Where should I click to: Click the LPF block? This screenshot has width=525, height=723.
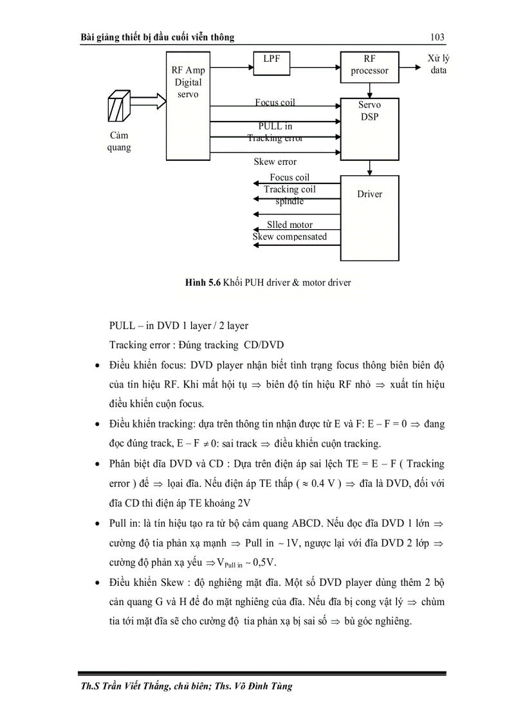(268, 66)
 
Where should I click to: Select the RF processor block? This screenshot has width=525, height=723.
(369, 66)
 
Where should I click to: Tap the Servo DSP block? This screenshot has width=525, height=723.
(369, 129)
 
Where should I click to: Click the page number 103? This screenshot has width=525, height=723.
(437, 37)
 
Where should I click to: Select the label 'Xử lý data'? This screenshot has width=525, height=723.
(438, 64)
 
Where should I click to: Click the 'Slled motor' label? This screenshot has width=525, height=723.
(290, 225)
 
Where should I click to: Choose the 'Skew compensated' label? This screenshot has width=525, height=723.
(290, 236)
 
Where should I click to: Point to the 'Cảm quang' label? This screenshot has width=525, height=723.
(119, 141)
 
